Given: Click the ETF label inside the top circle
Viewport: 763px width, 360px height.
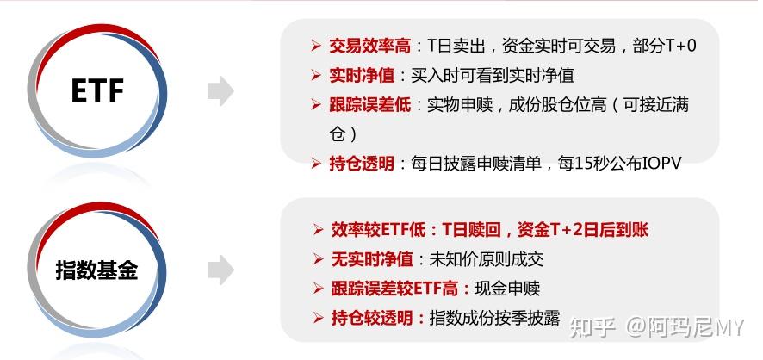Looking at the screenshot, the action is click(x=97, y=90).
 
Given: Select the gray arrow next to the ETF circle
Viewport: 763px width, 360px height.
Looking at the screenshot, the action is click(x=221, y=91).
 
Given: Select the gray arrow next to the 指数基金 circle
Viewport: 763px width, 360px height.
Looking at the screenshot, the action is click(x=221, y=270).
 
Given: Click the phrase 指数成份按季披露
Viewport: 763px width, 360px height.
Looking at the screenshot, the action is click(x=495, y=317).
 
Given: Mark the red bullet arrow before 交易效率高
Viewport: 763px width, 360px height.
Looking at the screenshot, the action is click(x=315, y=46).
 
